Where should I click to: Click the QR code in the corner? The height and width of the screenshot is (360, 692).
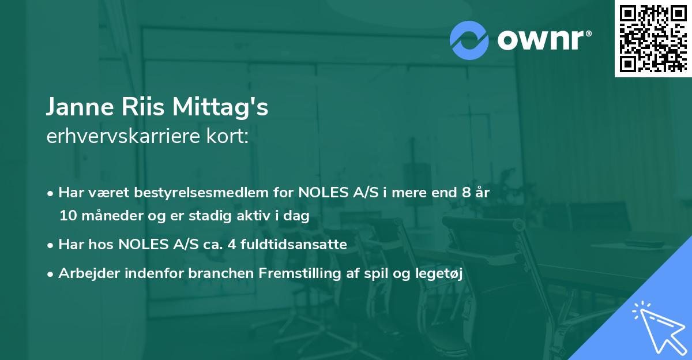[x=653, y=38]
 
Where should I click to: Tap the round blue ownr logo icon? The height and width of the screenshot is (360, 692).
[x=469, y=40]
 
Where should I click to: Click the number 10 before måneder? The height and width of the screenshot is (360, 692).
[x=67, y=216]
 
